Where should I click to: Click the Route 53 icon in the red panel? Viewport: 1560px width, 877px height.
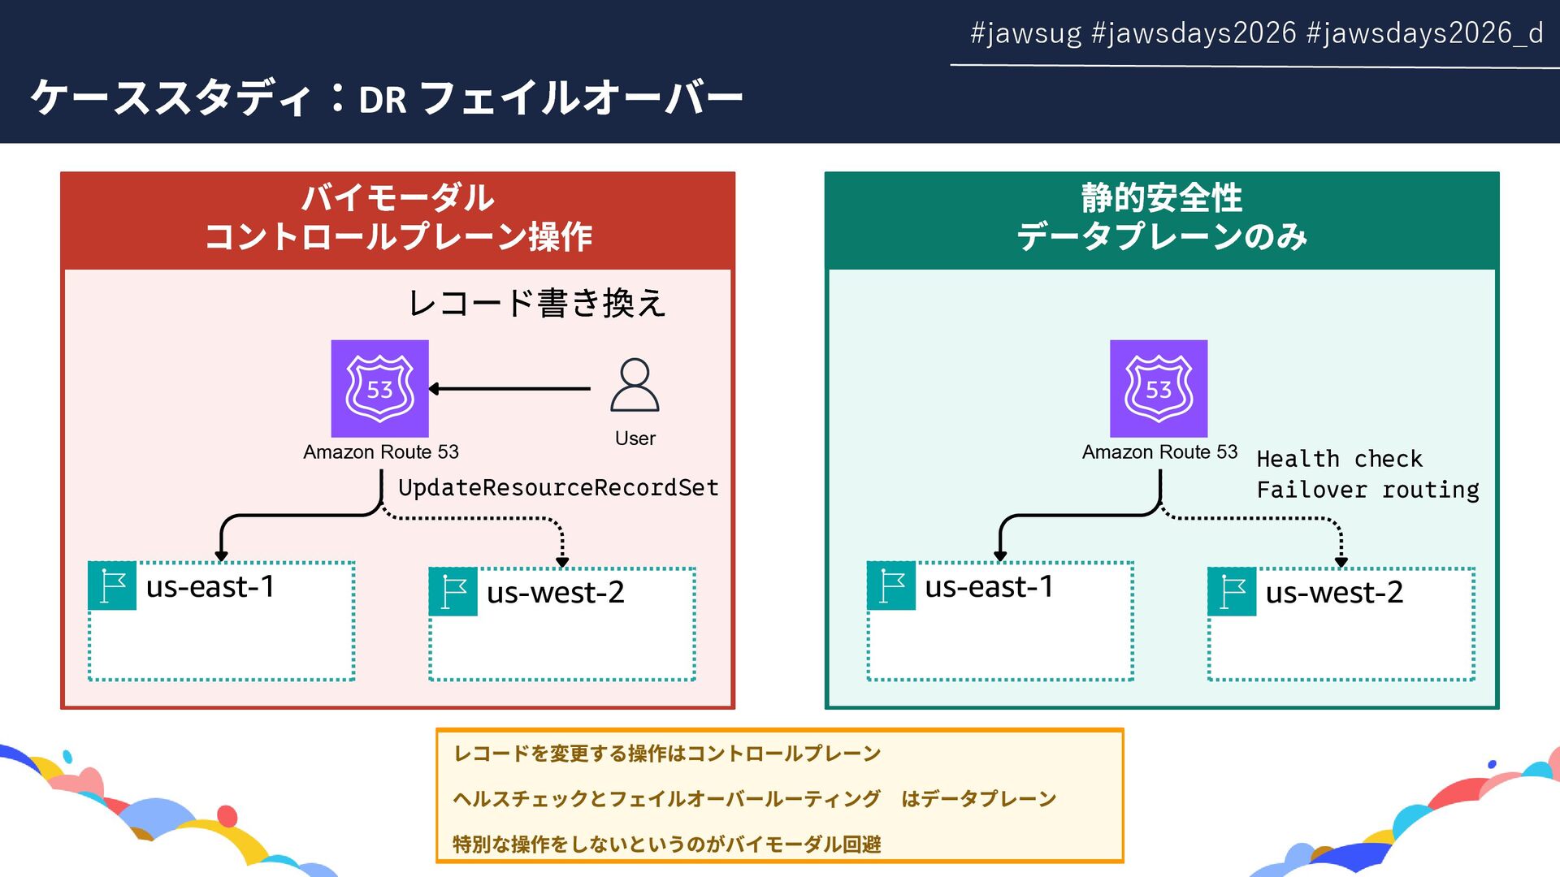click(x=379, y=388)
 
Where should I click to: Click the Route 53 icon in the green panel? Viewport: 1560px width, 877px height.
click(x=1159, y=388)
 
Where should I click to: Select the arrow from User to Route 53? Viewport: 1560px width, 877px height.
click(x=510, y=389)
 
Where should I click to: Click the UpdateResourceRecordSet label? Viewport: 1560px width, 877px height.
click(x=558, y=487)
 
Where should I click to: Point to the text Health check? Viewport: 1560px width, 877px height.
click(x=1339, y=459)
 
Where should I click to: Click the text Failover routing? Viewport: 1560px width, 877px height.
click(x=1367, y=490)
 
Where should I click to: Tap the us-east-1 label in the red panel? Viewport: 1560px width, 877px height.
click(x=210, y=586)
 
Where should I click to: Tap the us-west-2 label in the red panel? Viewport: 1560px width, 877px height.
click(x=556, y=593)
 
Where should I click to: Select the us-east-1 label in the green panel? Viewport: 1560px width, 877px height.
click(x=989, y=586)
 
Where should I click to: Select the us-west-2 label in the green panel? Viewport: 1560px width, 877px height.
click(x=1334, y=593)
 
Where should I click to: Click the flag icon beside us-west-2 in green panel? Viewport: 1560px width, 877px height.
click(x=1233, y=592)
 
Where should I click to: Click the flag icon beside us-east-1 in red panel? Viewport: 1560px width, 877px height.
click(x=112, y=585)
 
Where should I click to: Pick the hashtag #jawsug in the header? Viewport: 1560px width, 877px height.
click(x=1025, y=33)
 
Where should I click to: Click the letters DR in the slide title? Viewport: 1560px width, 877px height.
click(x=383, y=100)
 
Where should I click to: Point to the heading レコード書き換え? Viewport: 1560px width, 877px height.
click(x=536, y=303)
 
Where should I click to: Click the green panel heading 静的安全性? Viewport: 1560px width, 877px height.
click(x=1161, y=197)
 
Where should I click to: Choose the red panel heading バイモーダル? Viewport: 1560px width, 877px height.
click(x=397, y=197)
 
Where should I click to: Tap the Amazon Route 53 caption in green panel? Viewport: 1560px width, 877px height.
click(x=1159, y=452)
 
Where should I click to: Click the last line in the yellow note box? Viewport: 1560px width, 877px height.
click(x=666, y=845)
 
